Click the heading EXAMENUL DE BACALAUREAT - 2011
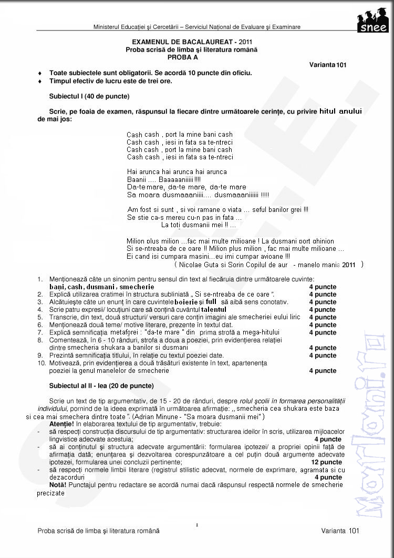192,42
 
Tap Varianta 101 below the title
327,65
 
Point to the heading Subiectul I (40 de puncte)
89,97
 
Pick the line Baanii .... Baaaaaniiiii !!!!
164,179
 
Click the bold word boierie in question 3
186,302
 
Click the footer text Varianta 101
340,531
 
